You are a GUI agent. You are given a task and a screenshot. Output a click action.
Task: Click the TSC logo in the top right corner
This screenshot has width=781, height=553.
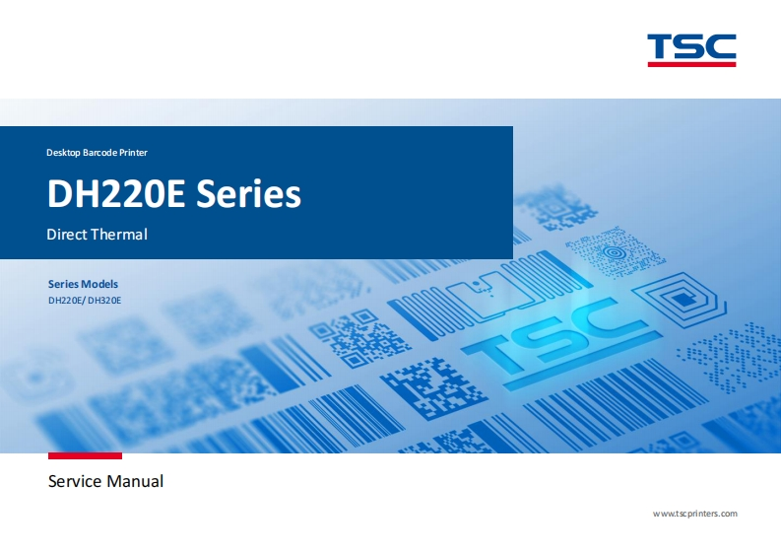pyautogui.click(x=691, y=46)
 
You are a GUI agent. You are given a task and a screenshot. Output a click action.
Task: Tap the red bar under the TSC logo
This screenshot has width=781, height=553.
pyautogui.click(x=691, y=64)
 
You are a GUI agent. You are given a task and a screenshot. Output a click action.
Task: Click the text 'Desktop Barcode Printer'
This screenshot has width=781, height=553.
pyautogui.click(x=97, y=153)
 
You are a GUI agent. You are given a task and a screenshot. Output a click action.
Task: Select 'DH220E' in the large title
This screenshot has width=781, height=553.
pyautogui.click(x=116, y=194)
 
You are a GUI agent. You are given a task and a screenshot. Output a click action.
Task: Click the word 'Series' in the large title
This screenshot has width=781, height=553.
pyautogui.click(x=248, y=194)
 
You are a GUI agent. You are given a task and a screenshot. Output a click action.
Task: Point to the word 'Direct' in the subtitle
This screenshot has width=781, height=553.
pyautogui.click(x=68, y=235)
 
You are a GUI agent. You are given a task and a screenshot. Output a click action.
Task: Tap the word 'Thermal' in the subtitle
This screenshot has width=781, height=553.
pyautogui.click(x=120, y=235)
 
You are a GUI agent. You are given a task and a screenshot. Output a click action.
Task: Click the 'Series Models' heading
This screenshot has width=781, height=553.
pyautogui.click(x=83, y=284)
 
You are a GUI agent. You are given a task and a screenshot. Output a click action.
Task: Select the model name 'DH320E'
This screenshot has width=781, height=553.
pyautogui.click(x=104, y=300)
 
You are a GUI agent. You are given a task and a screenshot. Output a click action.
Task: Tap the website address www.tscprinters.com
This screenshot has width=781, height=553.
pyautogui.click(x=695, y=514)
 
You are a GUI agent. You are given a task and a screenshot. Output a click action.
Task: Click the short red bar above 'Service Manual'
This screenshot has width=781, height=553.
pyautogui.click(x=85, y=455)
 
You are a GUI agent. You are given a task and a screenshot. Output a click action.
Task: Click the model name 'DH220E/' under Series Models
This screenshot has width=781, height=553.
pyautogui.click(x=66, y=300)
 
